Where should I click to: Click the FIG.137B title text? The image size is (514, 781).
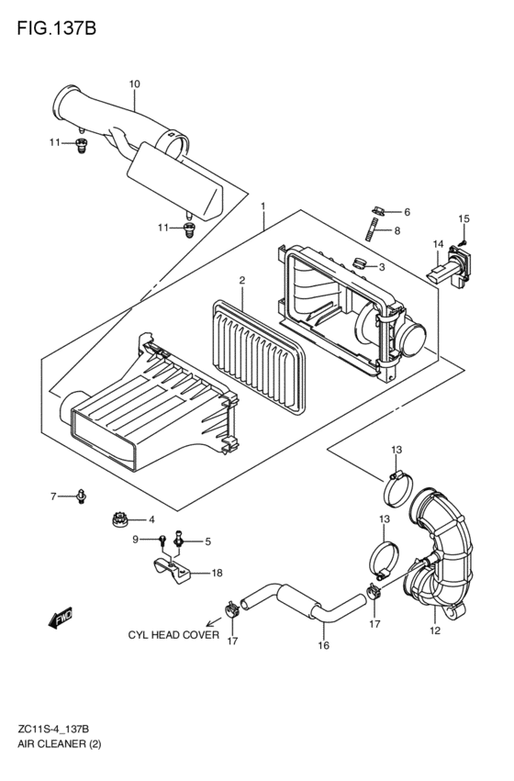pyautogui.click(x=56, y=28)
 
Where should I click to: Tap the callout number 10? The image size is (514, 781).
pyautogui.click(x=135, y=84)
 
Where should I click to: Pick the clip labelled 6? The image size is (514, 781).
pyautogui.click(x=379, y=211)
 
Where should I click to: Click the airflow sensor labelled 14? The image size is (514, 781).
pyautogui.click(x=447, y=266)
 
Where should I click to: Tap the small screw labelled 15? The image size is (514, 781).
pyautogui.click(x=463, y=242)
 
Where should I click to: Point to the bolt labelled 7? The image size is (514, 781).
pyautogui.click(x=81, y=496)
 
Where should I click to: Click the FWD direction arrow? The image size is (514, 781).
pyautogui.click(x=61, y=617)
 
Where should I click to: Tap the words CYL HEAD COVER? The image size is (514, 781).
pyautogui.click(x=173, y=634)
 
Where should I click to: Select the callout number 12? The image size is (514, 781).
pyautogui.click(x=435, y=630)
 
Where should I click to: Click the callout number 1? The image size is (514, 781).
pyautogui.click(x=263, y=206)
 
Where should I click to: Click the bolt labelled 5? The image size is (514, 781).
pyautogui.click(x=178, y=541)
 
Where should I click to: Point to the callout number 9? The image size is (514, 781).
pyautogui.click(x=135, y=539)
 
